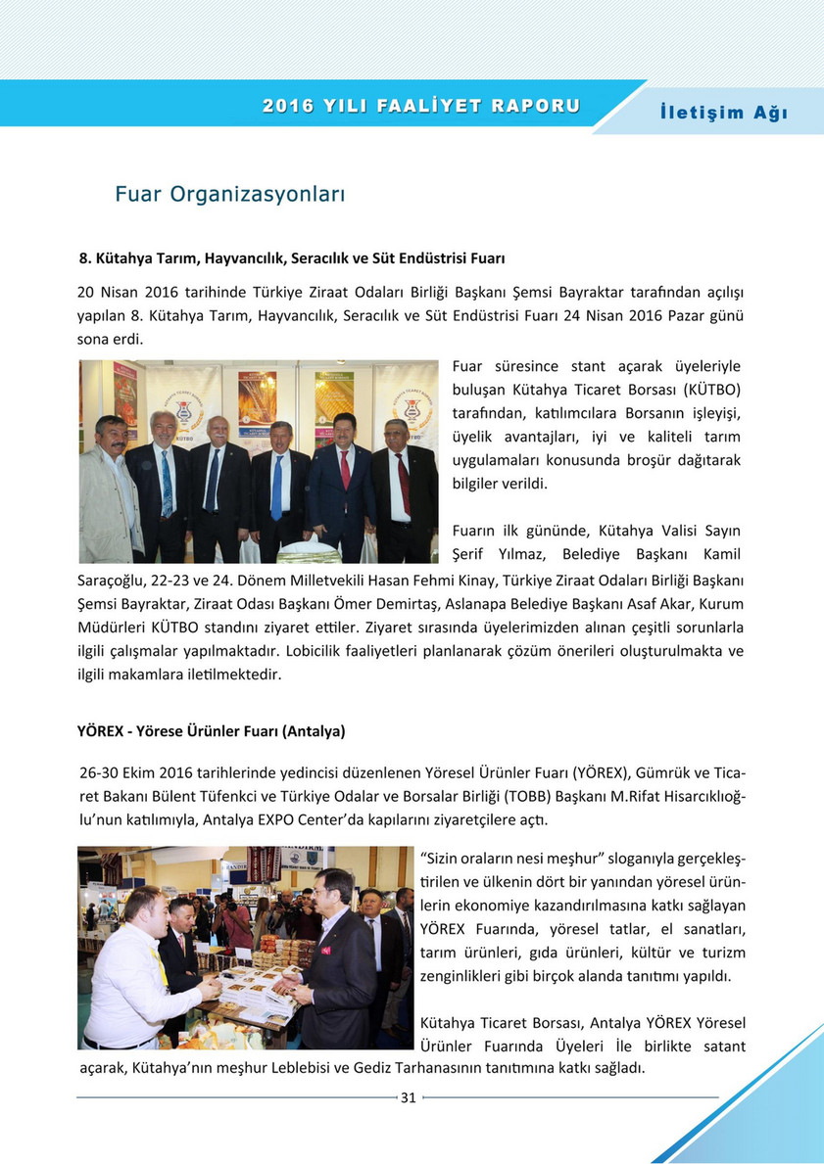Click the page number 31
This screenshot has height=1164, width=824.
409,1097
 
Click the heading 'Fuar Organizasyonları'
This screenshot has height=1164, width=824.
230,194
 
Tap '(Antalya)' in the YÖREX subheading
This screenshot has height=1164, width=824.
314,731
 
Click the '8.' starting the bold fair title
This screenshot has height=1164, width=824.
85,258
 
